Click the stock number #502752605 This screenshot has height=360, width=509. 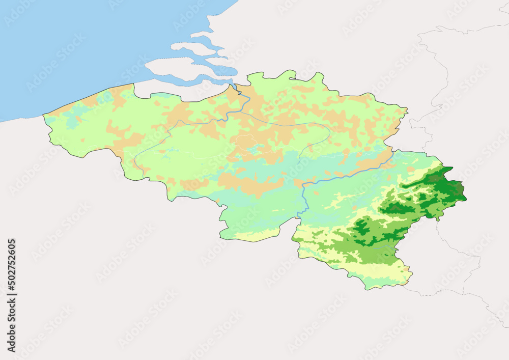click(12, 267)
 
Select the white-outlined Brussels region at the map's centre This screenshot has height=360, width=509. click(245, 142)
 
